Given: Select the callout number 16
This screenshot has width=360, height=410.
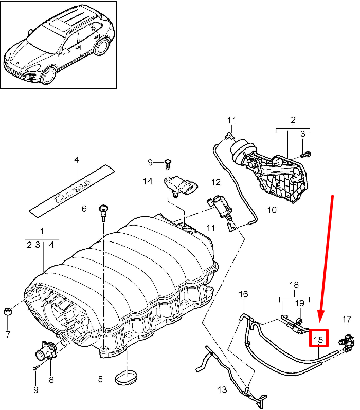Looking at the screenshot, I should (x=243, y=294).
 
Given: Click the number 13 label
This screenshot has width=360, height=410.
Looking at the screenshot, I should (x=222, y=390).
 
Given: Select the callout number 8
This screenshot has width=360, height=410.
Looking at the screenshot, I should (x=51, y=380).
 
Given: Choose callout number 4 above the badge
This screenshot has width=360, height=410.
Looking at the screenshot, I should (x=77, y=160).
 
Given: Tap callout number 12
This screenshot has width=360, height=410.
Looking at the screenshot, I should (x=215, y=182).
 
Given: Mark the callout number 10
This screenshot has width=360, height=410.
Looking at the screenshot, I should (x=271, y=210).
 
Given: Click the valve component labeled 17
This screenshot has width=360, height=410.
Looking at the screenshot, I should (x=348, y=339).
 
